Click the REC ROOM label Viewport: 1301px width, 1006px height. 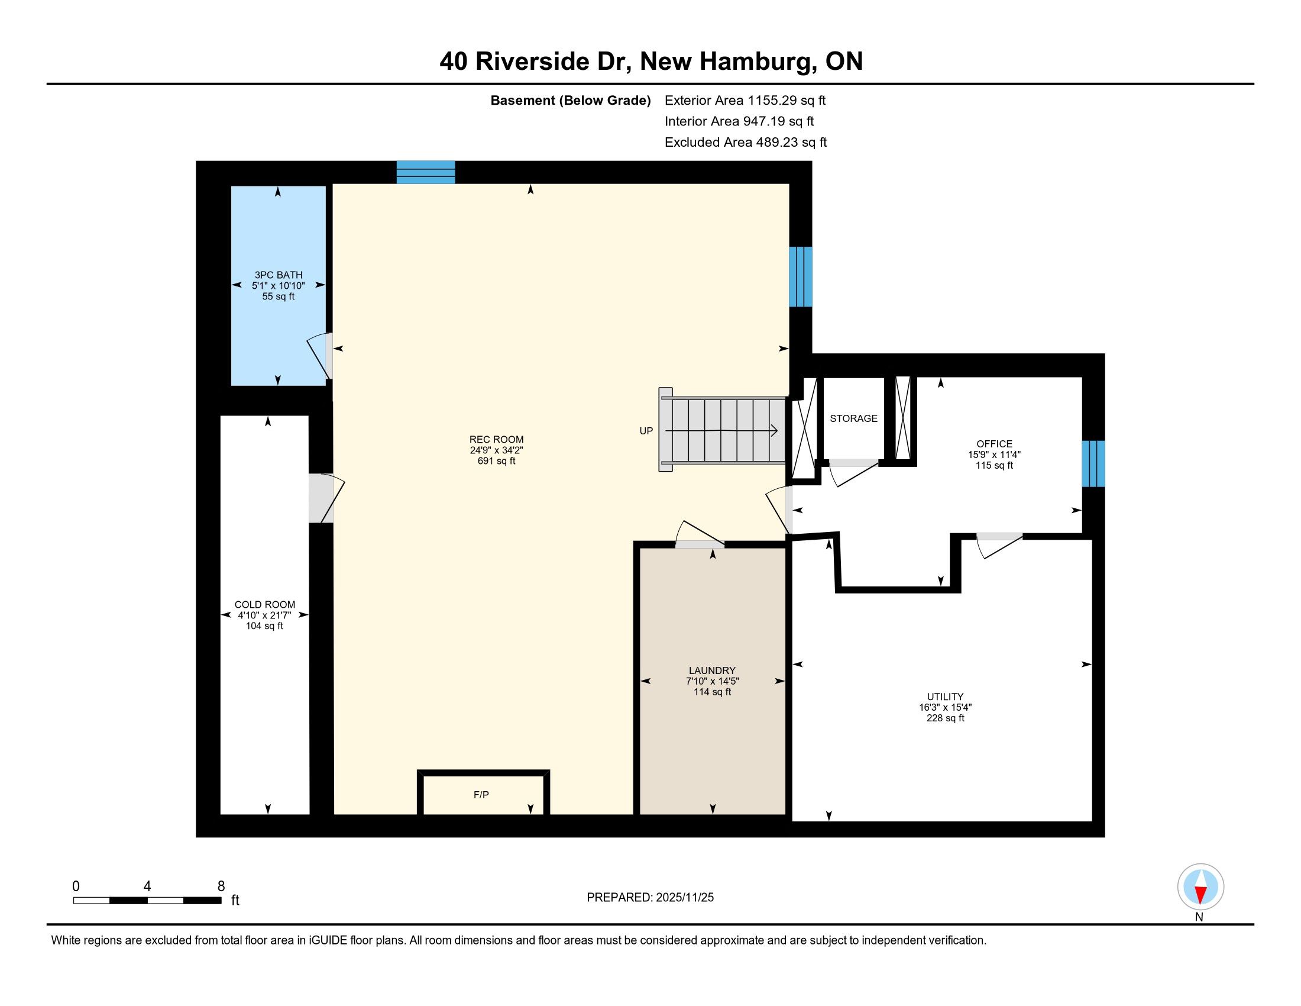coord(496,440)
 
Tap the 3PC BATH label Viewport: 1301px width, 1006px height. coord(278,275)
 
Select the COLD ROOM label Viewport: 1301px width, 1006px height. coord(264,604)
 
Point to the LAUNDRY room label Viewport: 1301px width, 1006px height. coord(712,670)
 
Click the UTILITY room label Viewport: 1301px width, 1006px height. coord(945,697)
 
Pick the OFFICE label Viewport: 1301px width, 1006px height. coord(994,444)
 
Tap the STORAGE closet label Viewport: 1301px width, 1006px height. coord(853,418)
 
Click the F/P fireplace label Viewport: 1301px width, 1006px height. coord(481,794)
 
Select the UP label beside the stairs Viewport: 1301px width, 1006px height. coord(646,431)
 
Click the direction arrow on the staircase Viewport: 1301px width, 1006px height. coord(721,430)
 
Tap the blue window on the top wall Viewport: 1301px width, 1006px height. coord(426,172)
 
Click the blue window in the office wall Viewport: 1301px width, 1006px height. coord(1093,464)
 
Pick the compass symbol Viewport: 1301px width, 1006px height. coord(1200,887)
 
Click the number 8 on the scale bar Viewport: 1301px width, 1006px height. coord(222,886)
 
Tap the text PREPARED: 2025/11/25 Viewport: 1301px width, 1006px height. coord(650,898)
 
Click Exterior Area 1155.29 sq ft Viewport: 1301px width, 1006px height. coord(745,100)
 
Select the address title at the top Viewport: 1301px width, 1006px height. coord(651,62)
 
